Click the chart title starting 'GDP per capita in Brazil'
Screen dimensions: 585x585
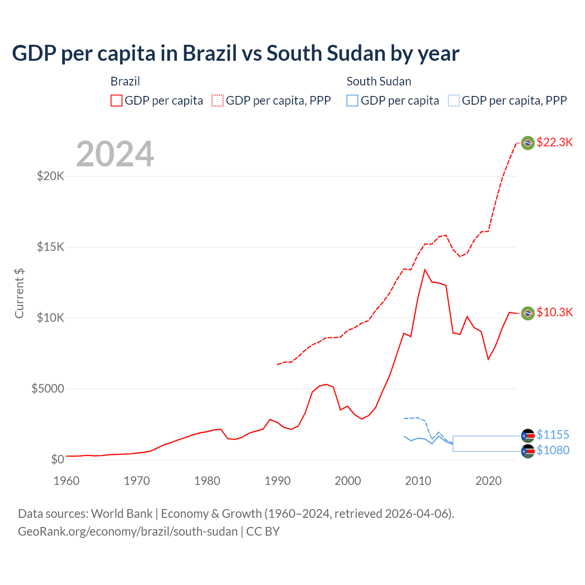coord(235,53)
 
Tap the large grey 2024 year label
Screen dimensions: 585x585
coord(115,154)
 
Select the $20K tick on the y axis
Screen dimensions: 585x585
coord(50,176)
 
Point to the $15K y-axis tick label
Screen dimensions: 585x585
coord(50,247)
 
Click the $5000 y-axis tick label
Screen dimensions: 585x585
coord(48,389)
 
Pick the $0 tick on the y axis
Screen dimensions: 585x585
coord(57,459)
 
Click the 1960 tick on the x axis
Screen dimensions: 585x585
coord(66,481)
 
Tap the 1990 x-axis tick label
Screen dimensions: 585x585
coord(277,481)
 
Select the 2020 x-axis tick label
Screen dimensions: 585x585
coord(489,481)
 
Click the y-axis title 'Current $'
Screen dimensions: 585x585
coord(19,293)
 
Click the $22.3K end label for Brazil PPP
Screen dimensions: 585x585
coord(554,143)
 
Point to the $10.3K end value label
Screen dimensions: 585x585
coord(554,313)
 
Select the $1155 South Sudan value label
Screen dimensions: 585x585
coord(553,435)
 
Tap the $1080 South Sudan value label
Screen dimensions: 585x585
coord(553,451)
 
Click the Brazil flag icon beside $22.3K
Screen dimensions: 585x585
coord(528,143)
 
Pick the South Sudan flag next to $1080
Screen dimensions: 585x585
coord(528,452)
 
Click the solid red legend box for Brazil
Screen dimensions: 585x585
coord(117,101)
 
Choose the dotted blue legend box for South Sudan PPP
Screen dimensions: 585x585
coord(454,101)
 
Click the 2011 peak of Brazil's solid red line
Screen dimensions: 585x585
coord(425,270)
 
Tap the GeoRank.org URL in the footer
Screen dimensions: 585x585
coord(128,532)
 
